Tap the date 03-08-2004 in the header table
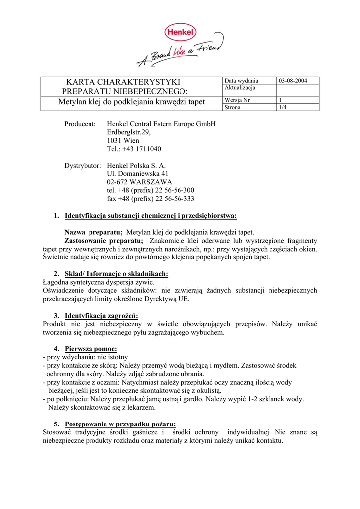click(x=293, y=81)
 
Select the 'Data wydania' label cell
click(x=241, y=81)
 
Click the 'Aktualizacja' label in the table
click(x=240, y=88)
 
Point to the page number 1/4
click(x=282, y=107)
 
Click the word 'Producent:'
click(x=80, y=124)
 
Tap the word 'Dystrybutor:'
click(x=83, y=165)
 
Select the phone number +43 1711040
click(x=134, y=149)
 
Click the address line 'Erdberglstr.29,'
click(x=128, y=132)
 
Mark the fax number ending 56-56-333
click(x=151, y=199)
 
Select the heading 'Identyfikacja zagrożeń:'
click(x=101, y=316)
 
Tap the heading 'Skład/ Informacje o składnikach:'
click(x=116, y=274)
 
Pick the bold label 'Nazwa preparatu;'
click(x=93, y=232)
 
